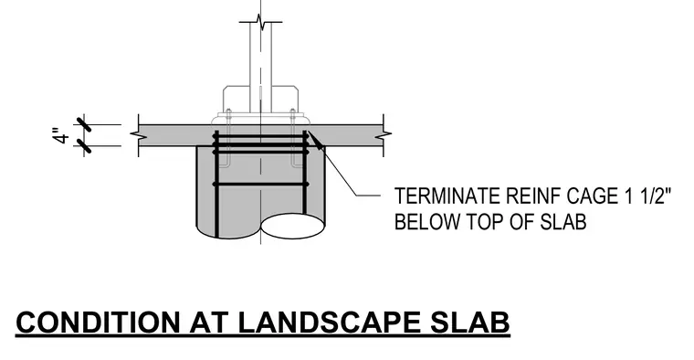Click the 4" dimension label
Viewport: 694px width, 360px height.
62,136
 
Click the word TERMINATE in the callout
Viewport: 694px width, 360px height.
447,196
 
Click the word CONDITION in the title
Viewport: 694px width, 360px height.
98,322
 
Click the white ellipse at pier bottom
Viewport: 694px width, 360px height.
292,226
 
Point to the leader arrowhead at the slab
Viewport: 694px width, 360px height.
314,139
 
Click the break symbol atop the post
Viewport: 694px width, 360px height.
260,22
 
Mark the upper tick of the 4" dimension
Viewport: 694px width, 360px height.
84,125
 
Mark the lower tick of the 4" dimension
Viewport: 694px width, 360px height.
84,145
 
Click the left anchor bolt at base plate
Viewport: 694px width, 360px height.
227,138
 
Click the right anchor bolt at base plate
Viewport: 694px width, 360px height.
293,138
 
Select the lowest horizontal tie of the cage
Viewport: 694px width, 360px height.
260,184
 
